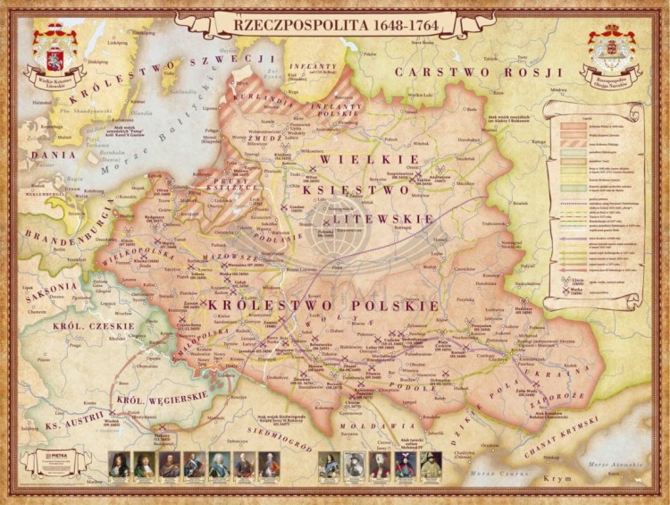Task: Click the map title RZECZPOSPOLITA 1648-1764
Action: point(336,25)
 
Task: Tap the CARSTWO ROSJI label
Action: point(479,72)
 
